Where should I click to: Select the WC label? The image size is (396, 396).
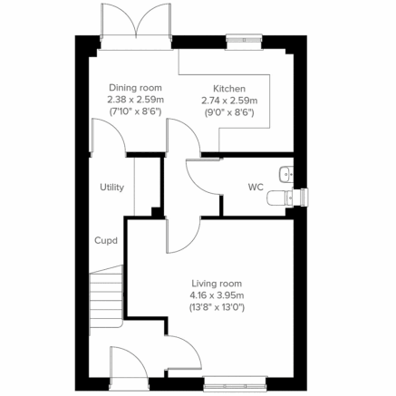[x=256, y=188]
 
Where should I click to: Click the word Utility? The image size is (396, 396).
[x=112, y=188]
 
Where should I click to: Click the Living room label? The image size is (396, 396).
[x=217, y=283]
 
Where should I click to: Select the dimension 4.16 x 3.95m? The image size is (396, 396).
[x=217, y=295]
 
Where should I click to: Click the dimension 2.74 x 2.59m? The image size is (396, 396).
[x=228, y=101]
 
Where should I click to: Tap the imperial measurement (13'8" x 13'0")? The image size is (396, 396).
[x=217, y=308]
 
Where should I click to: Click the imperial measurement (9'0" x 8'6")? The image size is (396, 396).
[x=228, y=113]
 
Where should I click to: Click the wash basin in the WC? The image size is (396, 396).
[x=286, y=171]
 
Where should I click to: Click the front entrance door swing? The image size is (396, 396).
[x=128, y=367]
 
